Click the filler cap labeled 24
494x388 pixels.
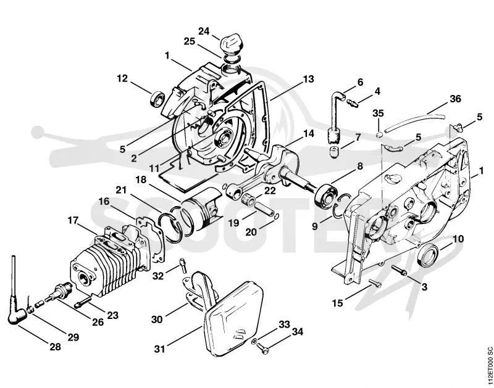tap(232, 46)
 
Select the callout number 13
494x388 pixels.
tap(308, 79)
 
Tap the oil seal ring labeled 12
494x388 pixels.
tap(157, 99)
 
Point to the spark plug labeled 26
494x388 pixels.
tap(59, 292)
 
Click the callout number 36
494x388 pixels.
tap(454, 99)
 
